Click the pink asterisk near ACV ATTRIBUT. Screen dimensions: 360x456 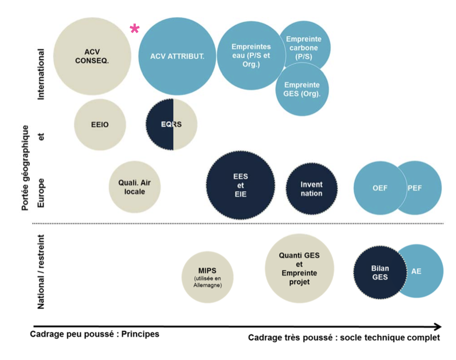point(135,29)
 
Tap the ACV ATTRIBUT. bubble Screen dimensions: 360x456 point(177,56)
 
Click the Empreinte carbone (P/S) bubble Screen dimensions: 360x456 point(304,47)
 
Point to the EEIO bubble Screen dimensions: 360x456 point(100,125)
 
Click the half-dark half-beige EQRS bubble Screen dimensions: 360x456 point(171,125)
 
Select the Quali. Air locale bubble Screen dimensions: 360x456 point(135,187)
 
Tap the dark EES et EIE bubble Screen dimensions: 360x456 point(241,185)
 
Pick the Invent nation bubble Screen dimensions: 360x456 point(311,189)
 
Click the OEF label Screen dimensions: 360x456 point(379,188)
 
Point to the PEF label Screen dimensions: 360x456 point(415,188)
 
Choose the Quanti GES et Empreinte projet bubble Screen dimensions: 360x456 point(299,268)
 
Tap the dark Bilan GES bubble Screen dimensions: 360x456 point(380,272)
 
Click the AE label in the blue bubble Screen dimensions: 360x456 point(416,271)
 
